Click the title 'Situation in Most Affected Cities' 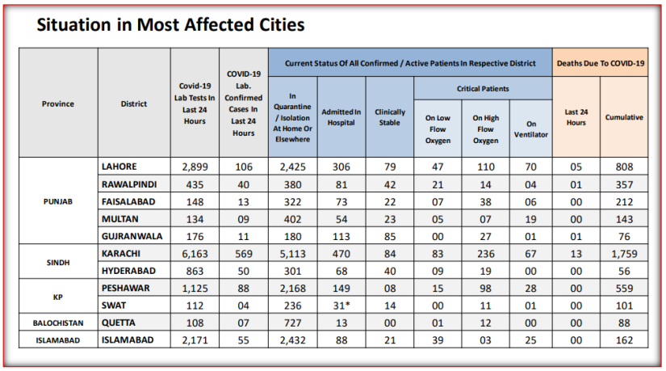[x=171, y=25]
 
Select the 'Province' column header [x=58, y=103]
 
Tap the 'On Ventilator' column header [x=530, y=129]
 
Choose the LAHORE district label [x=119, y=167]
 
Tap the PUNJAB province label [x=58, y=201]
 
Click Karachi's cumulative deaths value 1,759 [x=624, y=252]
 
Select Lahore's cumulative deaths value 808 [x=624, y=167]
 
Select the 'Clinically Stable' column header [x=390, y=117]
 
